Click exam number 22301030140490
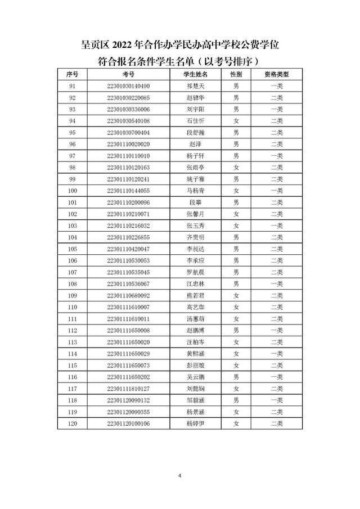[x=128, y=86]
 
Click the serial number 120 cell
[x=72, y=424]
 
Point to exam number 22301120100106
[x=128, y=424]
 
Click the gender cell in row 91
[x=236, y=86]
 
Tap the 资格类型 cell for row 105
[x=277, y=249]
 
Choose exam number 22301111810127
[x=128, y=389]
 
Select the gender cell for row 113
[x=236, y=342]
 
